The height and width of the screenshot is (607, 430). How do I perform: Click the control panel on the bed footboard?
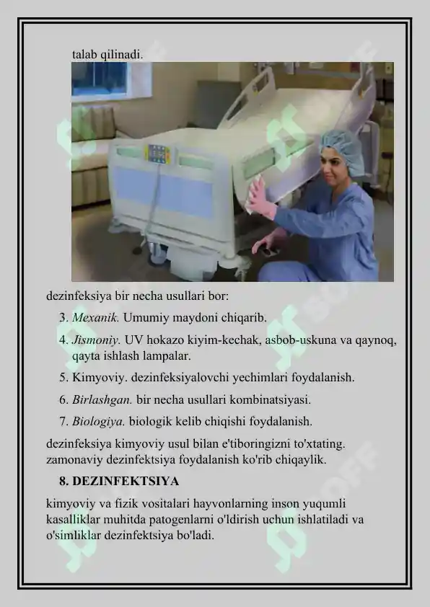click(159, 154)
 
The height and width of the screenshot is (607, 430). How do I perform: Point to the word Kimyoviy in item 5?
click(97, 378)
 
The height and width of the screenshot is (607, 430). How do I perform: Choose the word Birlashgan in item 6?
click(102, 399)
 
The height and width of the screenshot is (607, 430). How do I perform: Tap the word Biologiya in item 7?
click(99, 421)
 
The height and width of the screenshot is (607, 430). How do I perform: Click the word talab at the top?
click(85, 54)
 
